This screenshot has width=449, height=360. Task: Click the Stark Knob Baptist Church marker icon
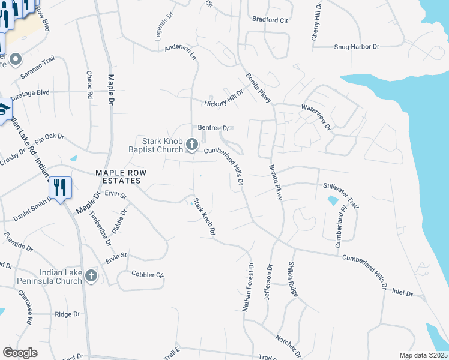coord(192,144)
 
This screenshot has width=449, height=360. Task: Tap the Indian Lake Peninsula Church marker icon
coord(91,275)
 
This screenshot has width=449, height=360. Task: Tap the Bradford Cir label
coord(270,19)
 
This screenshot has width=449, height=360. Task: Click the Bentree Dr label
coord(214,128)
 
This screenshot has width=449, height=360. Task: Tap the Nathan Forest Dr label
coord(249,288)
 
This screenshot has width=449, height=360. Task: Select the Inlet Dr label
coord(402,293)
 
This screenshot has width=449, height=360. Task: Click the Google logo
coord(20,352)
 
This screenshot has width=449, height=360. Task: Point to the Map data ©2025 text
coord(424,355)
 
